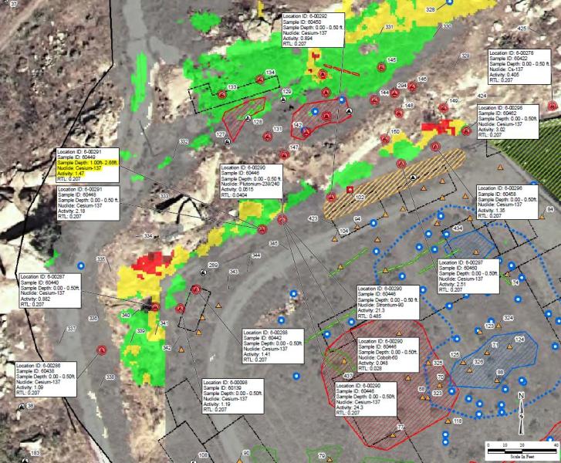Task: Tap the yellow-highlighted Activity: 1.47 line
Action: click(x=72, y=175)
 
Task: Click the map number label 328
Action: click(x=431, y=8)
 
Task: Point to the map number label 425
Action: click(x=522, y=28)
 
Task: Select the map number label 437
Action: click(x=347, y=376)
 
